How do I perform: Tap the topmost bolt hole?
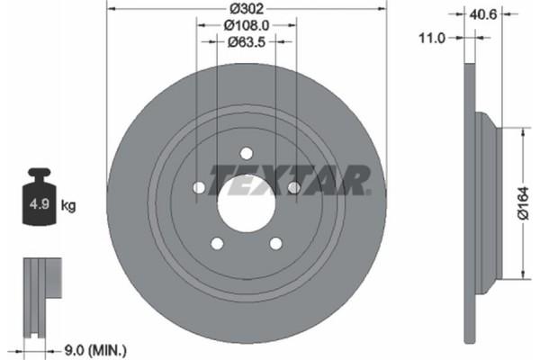(x=247, y=152)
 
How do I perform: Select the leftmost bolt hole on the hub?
(x=199, y=187)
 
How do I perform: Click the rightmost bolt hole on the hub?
(x=293, y=187)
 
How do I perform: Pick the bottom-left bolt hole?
(x=217, y=242)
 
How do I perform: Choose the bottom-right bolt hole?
(x=275, y=242)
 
